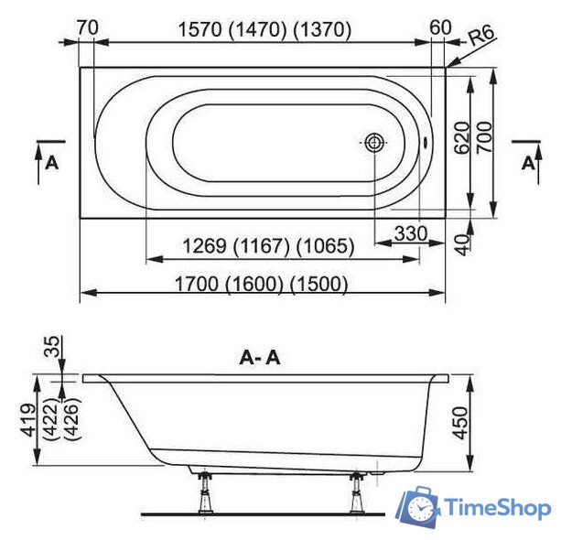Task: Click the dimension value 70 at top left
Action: point(88,28)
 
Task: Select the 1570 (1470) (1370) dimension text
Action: point(263,29)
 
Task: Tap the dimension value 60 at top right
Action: point(440,28)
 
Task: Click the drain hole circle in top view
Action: point(375,143)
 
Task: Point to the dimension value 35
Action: point(51,348)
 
